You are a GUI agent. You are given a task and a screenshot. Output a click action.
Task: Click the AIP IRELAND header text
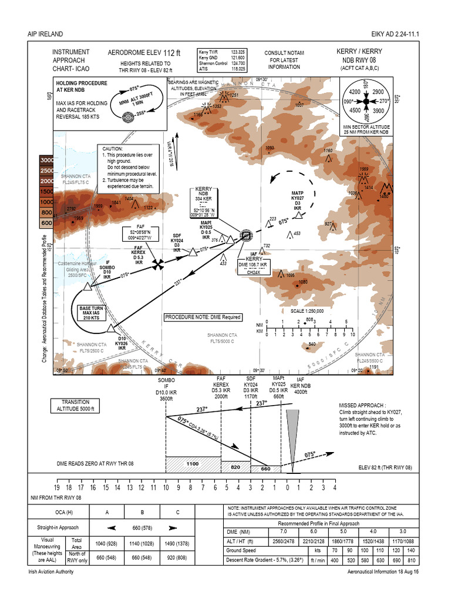(x=45, y=34)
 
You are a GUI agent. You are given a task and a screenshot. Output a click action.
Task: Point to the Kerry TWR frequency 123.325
(x=237, y=52)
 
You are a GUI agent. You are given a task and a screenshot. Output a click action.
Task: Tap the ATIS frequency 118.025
(x=237, y=69)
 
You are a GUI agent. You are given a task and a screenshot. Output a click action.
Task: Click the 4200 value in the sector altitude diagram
(x=354, y=92)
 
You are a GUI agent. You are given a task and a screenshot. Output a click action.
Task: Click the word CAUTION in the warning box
(x=113, y=149)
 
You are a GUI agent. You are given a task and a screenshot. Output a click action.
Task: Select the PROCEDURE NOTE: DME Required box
(x=203, y=317)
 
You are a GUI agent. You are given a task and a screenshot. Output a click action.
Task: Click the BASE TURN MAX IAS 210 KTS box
(x=91, y=312)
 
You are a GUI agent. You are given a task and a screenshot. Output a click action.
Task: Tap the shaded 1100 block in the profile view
(x=193, y=464)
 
